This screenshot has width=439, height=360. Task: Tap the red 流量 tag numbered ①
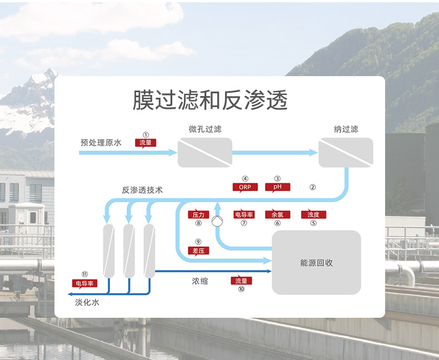click(146, 143)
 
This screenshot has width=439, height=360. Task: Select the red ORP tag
click(245, 187)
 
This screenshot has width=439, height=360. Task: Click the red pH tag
click(277, 187)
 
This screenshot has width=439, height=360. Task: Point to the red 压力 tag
click(198, 214)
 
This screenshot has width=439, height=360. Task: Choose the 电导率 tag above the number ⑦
click(243, 214)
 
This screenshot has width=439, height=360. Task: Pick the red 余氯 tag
click(277, 214)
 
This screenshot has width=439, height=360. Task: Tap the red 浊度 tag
click(313, 214)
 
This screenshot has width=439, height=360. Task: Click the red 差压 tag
click(198, 251)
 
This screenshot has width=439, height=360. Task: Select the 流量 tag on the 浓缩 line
click(241, 281)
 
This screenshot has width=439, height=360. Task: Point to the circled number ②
click(313, 187)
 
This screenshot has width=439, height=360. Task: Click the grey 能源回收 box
click(316, 262)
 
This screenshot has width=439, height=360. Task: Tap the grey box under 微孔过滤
click(204, 152)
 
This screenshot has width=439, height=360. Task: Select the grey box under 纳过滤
click(346, 152)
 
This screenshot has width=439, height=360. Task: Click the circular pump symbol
click(216, 221)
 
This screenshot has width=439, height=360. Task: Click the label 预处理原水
click(101, 143)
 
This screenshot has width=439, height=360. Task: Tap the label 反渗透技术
click(142, 189)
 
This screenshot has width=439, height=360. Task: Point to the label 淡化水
click(87, 303)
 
